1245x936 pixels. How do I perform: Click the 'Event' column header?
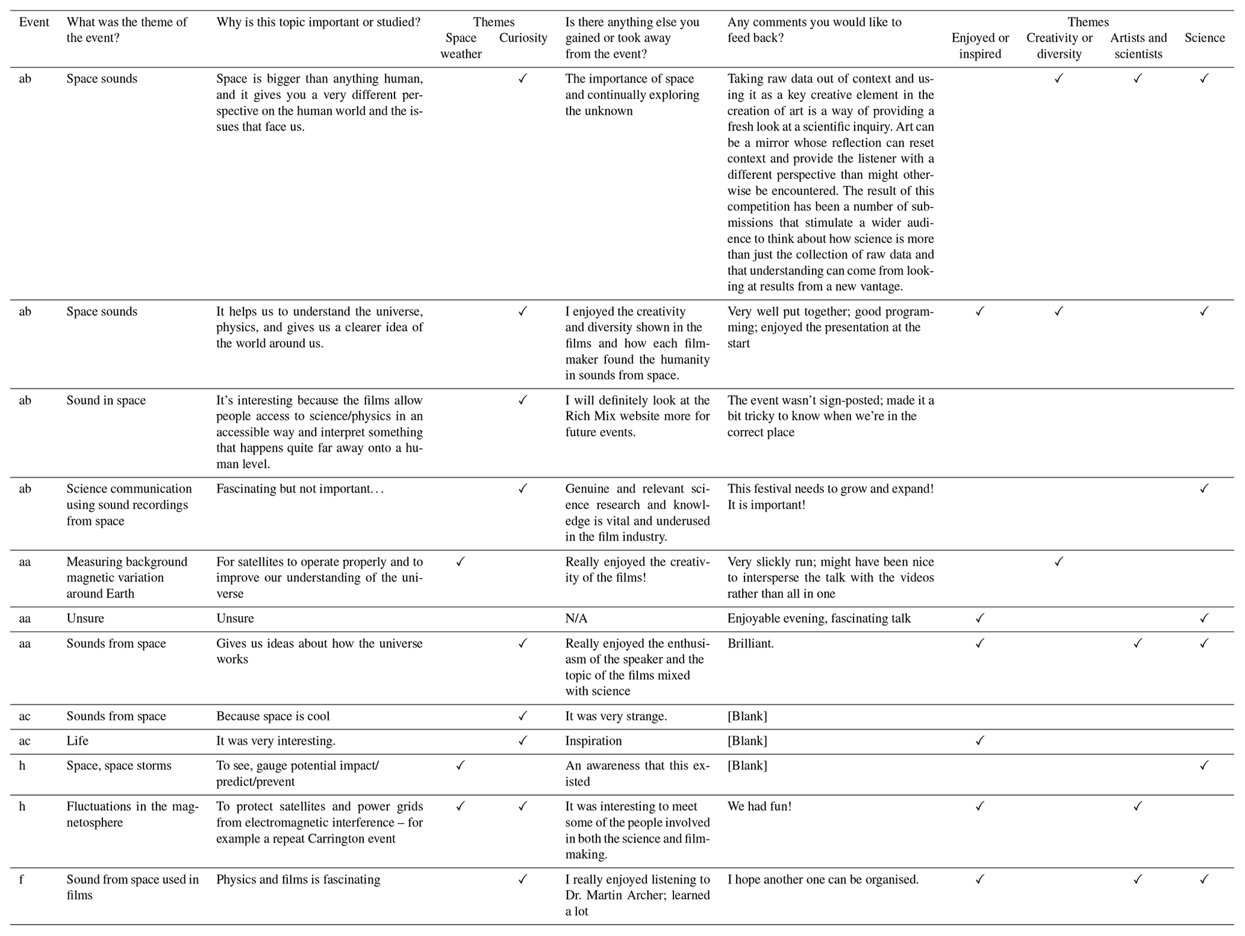click(34, 22)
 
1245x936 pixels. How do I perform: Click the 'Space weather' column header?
click(461, 46)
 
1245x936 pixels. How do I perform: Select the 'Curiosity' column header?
click(523, 38)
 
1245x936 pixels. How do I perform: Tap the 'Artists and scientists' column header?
click(1138, 46)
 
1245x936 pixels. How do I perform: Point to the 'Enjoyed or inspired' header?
click(980, 46)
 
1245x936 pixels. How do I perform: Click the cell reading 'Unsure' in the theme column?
click(85, 619)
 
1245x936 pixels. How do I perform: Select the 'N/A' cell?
click(576, 619)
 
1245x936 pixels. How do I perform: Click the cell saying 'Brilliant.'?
click(750, 643)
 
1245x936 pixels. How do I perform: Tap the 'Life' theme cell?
click(77, 741)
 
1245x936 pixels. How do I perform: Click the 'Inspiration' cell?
click(593, 741)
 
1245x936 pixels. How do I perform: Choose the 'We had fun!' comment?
click(759, 807)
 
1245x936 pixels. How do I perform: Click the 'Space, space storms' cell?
click(119, 766)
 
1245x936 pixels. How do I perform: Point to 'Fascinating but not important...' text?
click(300, 488)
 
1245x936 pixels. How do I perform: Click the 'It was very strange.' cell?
click(616, 716)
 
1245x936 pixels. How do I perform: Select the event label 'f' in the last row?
click(22, 879)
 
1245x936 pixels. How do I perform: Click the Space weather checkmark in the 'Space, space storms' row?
click(461, 766)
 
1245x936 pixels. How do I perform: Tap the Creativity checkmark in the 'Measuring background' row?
click(1059, 562)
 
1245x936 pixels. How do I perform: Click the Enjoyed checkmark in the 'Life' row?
click(980, 741)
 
